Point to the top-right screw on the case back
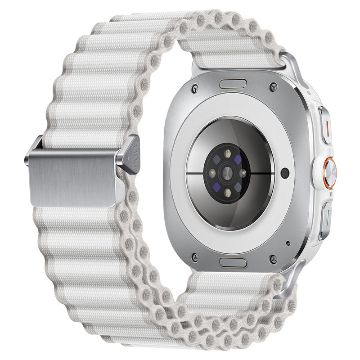coord(272,85)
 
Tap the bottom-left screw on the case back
coord(194,257)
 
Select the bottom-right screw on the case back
coord(272,258)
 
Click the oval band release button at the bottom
coord(233,262)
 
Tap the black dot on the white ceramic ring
coord(284,171)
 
